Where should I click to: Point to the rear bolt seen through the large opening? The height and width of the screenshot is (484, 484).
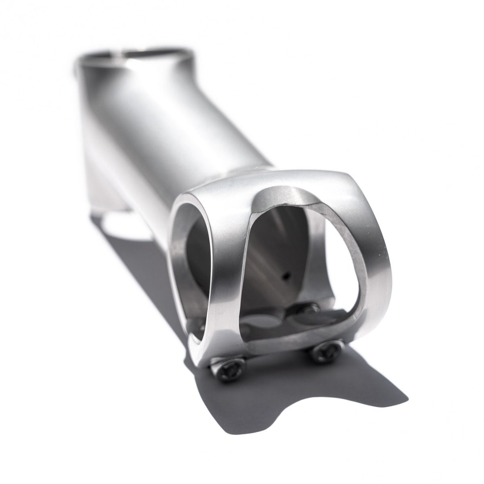[310, 310]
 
